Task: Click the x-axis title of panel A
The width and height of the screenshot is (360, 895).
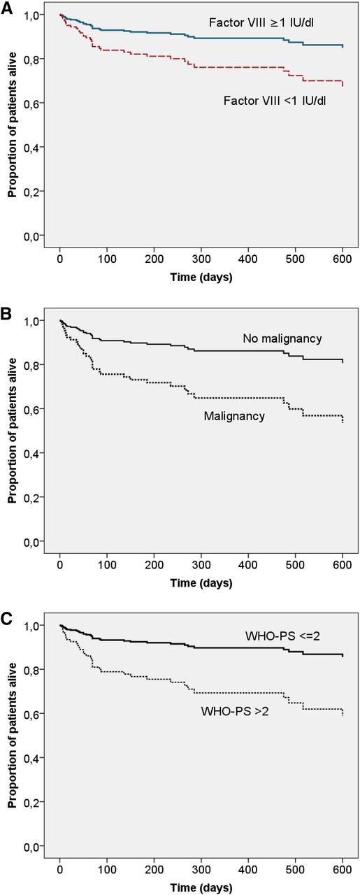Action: (x=201, y=277)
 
